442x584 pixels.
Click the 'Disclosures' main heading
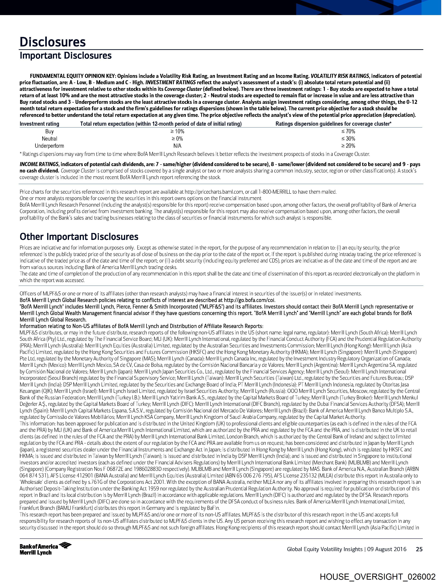[53, 42]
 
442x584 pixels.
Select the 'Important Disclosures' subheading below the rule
[66, 56]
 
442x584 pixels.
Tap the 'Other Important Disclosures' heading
[79, 237]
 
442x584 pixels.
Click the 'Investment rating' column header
[39, 124]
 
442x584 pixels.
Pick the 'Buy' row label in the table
[49, 131]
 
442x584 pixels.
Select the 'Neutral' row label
[49, 139]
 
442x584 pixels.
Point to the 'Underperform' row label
[49, 146]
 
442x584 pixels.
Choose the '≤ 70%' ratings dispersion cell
[348, 131]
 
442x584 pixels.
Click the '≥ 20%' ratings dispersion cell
[348, 146]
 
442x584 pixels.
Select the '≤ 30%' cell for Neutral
[348, 139]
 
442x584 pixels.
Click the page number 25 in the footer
[419, 549]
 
